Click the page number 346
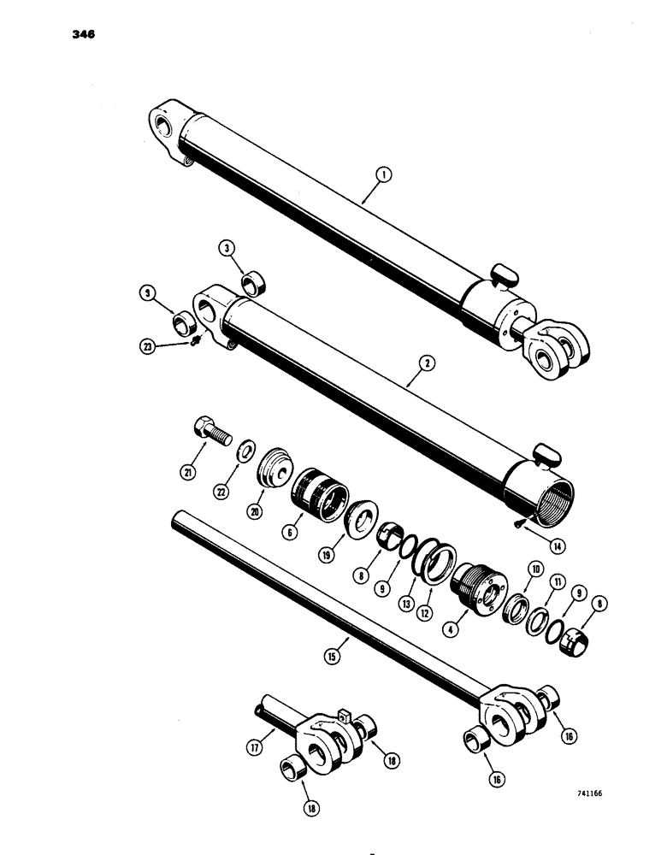(x=83, y=35)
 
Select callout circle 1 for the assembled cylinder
(x=383, y=177)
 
